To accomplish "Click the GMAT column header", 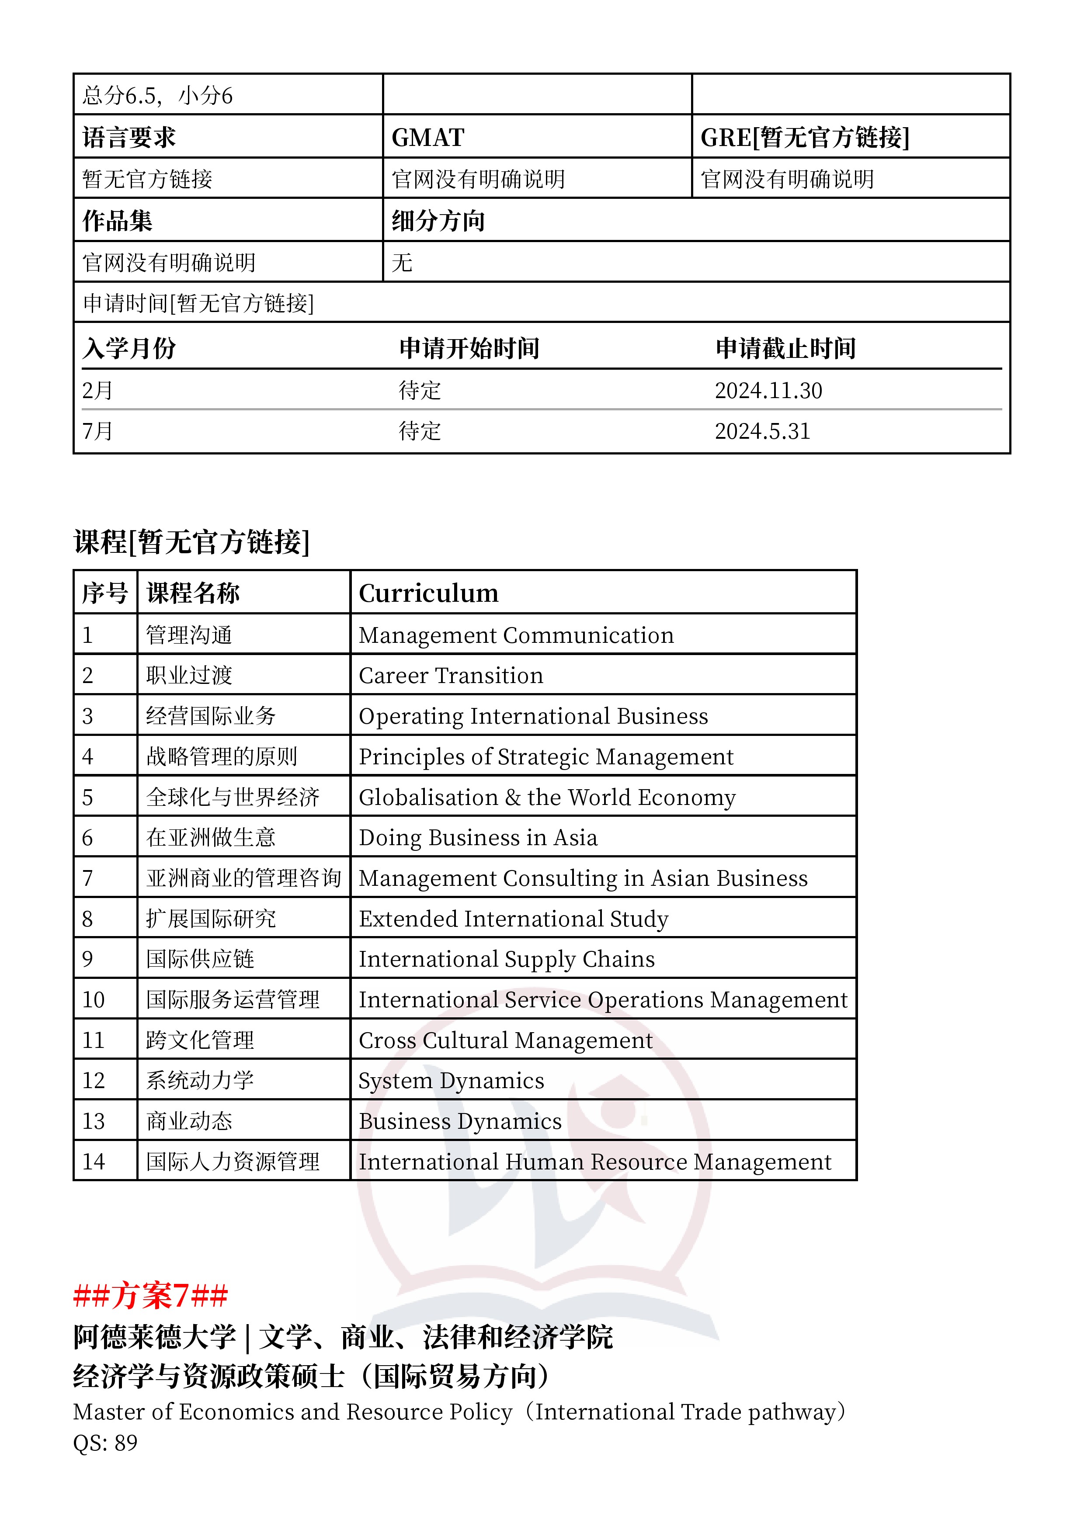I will pyautogui.click(x=427, y=138).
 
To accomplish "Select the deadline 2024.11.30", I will pyautogui.click(x=768, y=391).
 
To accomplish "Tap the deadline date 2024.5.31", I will pyautogui.click(x=762, y=431).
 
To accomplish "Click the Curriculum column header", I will pyautogui.click(x=429, y=593).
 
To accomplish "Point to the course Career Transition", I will pyautogui.click(x=451, y=676).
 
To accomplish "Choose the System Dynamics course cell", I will pyautogui.click(x=451, y=1080).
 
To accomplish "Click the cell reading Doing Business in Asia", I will pyautogui.click(x=478, y=837).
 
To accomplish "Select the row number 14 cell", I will pyautogui.click(x=94, y=1162).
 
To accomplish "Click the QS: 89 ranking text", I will pyautogui.click(x=105, y=1443).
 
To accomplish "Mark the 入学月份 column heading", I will pyautogui.click(x=129, y=348).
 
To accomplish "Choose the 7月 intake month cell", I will pyautogui.click(x=97, y=431).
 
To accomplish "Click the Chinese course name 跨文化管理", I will pyautogui.click(x=200, y=1040).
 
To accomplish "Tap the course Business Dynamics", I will pyautogui.click(x=460, y=1121).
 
